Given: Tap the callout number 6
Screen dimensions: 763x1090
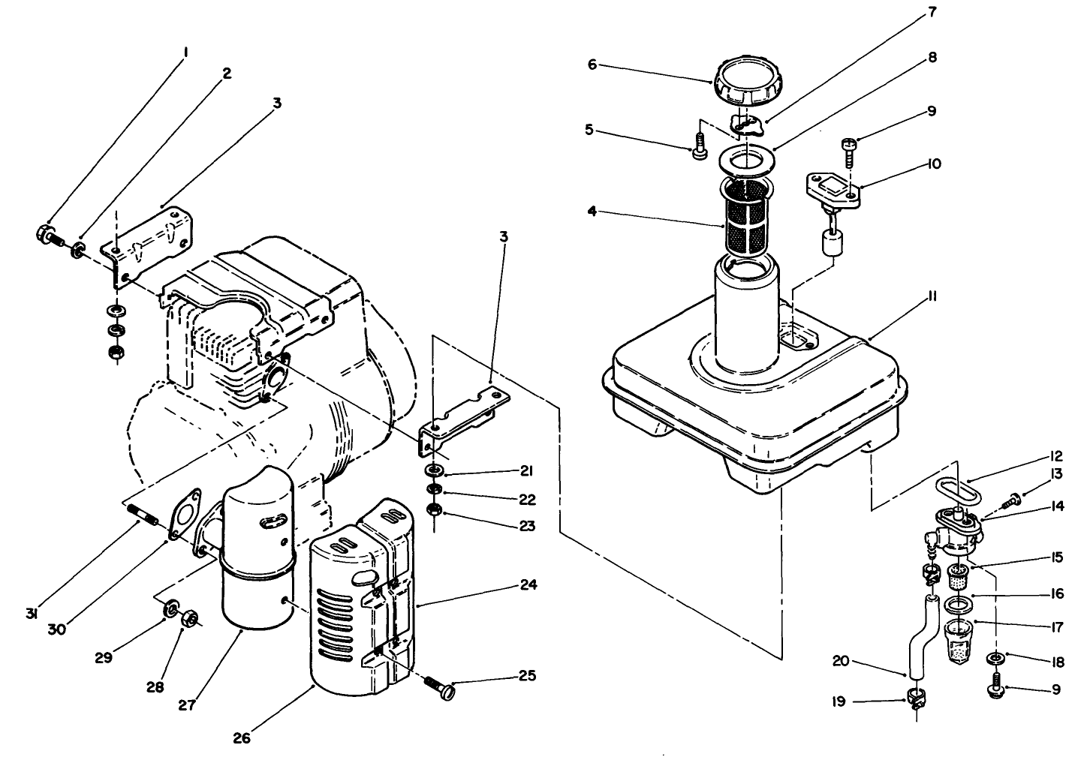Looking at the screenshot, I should tap(592, 65).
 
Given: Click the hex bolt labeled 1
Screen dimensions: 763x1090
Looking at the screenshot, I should tap(47, 235).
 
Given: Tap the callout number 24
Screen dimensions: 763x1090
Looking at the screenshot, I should tap(529, 584).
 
